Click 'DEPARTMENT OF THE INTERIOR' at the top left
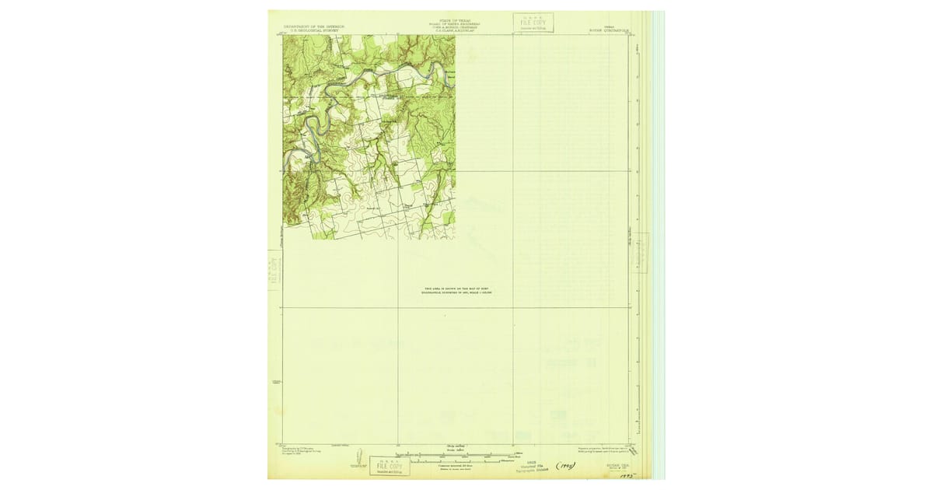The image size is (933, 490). point(313,26)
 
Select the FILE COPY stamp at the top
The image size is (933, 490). point(533,23)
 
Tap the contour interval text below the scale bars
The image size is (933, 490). point(455,467)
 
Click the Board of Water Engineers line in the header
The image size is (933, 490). point(455,24)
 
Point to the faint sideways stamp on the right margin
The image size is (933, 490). point(641,251)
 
